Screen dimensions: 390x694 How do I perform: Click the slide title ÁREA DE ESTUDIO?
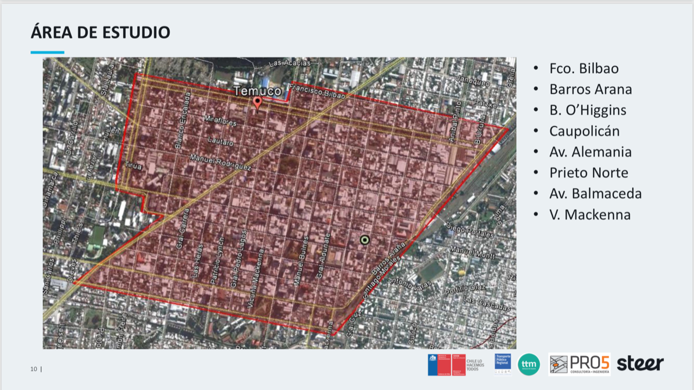coord(100,32)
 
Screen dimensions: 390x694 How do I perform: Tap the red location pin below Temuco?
coord(258,101)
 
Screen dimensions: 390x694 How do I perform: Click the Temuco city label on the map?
coord(258,91)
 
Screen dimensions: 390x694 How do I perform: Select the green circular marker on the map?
coord(365,240)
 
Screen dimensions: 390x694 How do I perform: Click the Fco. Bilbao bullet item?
coord(583,69)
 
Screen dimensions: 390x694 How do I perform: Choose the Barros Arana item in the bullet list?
coord(590,89)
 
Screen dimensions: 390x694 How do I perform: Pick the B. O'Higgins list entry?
coord(587,110)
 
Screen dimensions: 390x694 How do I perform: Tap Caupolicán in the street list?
coord(584,131)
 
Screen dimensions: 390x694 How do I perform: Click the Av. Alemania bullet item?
coord(590,152)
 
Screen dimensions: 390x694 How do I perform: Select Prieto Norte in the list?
coord(588,173)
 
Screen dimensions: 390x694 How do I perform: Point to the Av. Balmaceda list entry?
coord(595,194)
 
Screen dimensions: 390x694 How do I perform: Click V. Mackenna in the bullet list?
coord(589,215)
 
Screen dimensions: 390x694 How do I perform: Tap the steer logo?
coord(640,363)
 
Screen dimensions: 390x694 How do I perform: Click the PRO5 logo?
coord(579,364)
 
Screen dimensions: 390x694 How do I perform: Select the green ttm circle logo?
coord(529,364)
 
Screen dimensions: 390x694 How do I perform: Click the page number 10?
coord(34,369)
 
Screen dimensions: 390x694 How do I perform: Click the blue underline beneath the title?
coord(47,53)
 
